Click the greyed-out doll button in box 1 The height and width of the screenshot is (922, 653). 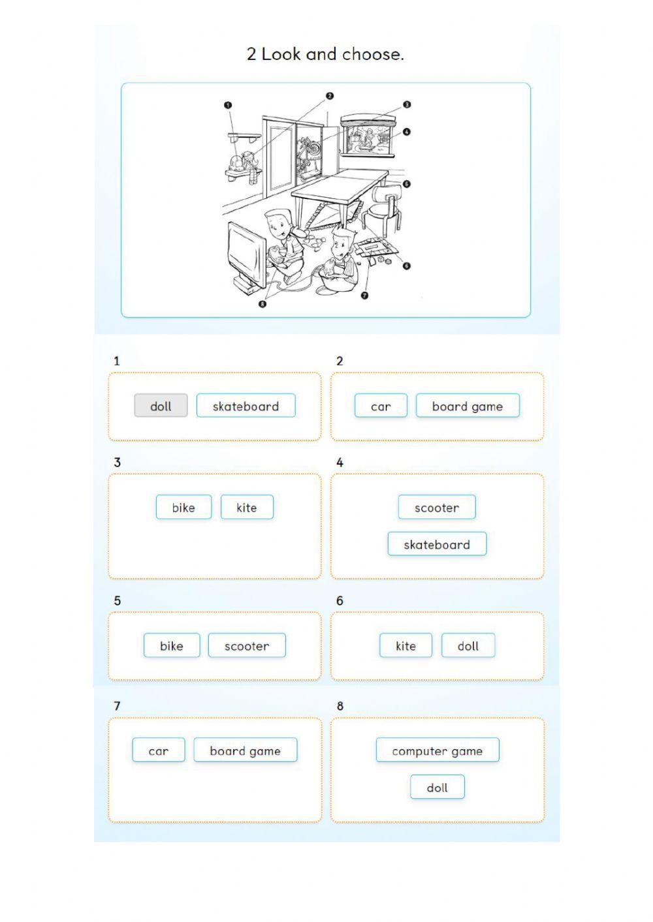pyautogui.click(x=161, y=405)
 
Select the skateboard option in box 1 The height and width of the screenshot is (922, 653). pyautogui.click(x=246, y=405)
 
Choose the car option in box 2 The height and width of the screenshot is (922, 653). pyautogui.click(x=381, y=405)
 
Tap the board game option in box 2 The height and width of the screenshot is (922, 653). pyautogui.click(x=468, y=405)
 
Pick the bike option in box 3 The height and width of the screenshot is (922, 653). pyautogui.click(x=183, y=507)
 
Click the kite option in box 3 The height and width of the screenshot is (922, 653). pyautogui.click(x=247, y=507)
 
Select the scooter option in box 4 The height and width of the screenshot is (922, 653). pyautogui.click(x=437, y=507)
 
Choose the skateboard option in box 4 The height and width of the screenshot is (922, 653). pyautogui.click(x=437, y=544)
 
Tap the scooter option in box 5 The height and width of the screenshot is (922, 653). pyautogui.click(x=247, y=645)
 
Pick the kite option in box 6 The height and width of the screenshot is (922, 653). pyautogui.click(x=406, y=645)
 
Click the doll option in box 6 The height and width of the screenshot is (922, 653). pyautogui.click(x=468, y=645)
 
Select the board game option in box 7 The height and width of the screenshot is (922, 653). pyautogui.click(x=245, y=750)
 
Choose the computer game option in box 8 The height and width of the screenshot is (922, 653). pyautogui.click(x=438, y=750)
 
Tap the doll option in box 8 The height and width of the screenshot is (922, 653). pyautogui.click(x=437, y=786)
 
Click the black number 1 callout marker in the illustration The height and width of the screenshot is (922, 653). pyautogui.click(x=228, y=105)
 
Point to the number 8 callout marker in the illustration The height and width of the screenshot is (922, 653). pyautogui.click(x=263, y=304)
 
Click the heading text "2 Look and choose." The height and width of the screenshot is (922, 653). pyautogui.click(x=325, y=54)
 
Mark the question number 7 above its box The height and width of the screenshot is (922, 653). pyautogui.click(x=117, y=706)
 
